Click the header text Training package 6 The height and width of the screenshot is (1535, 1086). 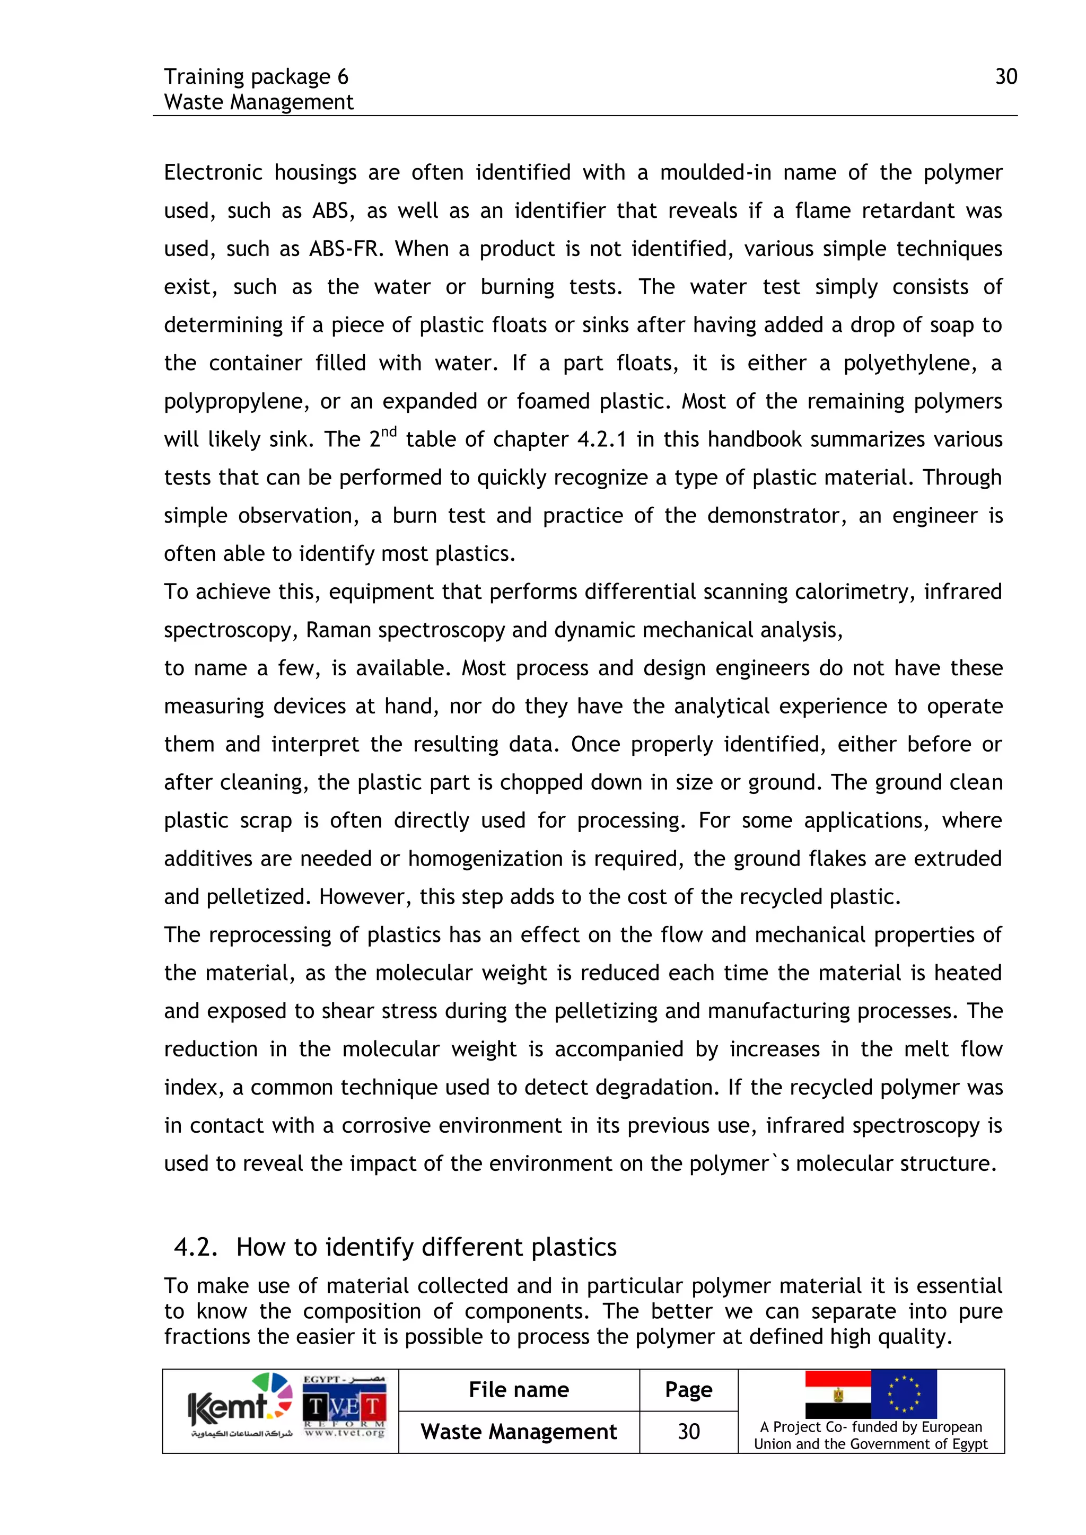click(x=256, y=77)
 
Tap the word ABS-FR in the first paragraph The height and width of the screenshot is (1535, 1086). click(x=346, y=249)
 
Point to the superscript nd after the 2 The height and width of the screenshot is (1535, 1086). click(x=389, y=431)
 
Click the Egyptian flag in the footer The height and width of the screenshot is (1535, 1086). click(x=837, y=1394)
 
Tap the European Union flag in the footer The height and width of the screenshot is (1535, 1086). click(x=904, y=1394)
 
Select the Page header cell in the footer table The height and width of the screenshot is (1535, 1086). click(x=688, y=1390)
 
